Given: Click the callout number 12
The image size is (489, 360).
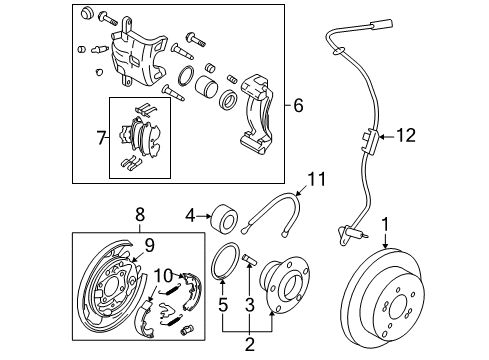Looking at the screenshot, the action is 406,136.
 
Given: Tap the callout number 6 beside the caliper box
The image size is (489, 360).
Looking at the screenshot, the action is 298,105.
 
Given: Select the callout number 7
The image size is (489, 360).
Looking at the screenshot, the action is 101,138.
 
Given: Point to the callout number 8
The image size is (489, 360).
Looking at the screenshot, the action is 140,214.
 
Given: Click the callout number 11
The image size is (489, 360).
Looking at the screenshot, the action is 316,179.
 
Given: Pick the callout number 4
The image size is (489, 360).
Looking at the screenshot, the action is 190,216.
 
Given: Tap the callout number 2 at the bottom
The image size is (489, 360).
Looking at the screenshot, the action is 250,344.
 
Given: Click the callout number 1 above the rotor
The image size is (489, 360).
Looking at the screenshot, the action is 385,225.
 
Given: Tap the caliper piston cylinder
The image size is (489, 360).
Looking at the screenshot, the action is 206,87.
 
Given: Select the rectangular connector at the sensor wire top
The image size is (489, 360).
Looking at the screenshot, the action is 381,25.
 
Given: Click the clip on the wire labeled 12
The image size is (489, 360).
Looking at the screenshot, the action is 370,142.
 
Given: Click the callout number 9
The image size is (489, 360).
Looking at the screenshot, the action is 150,246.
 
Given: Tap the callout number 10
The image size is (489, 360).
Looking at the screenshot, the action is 163,276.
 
